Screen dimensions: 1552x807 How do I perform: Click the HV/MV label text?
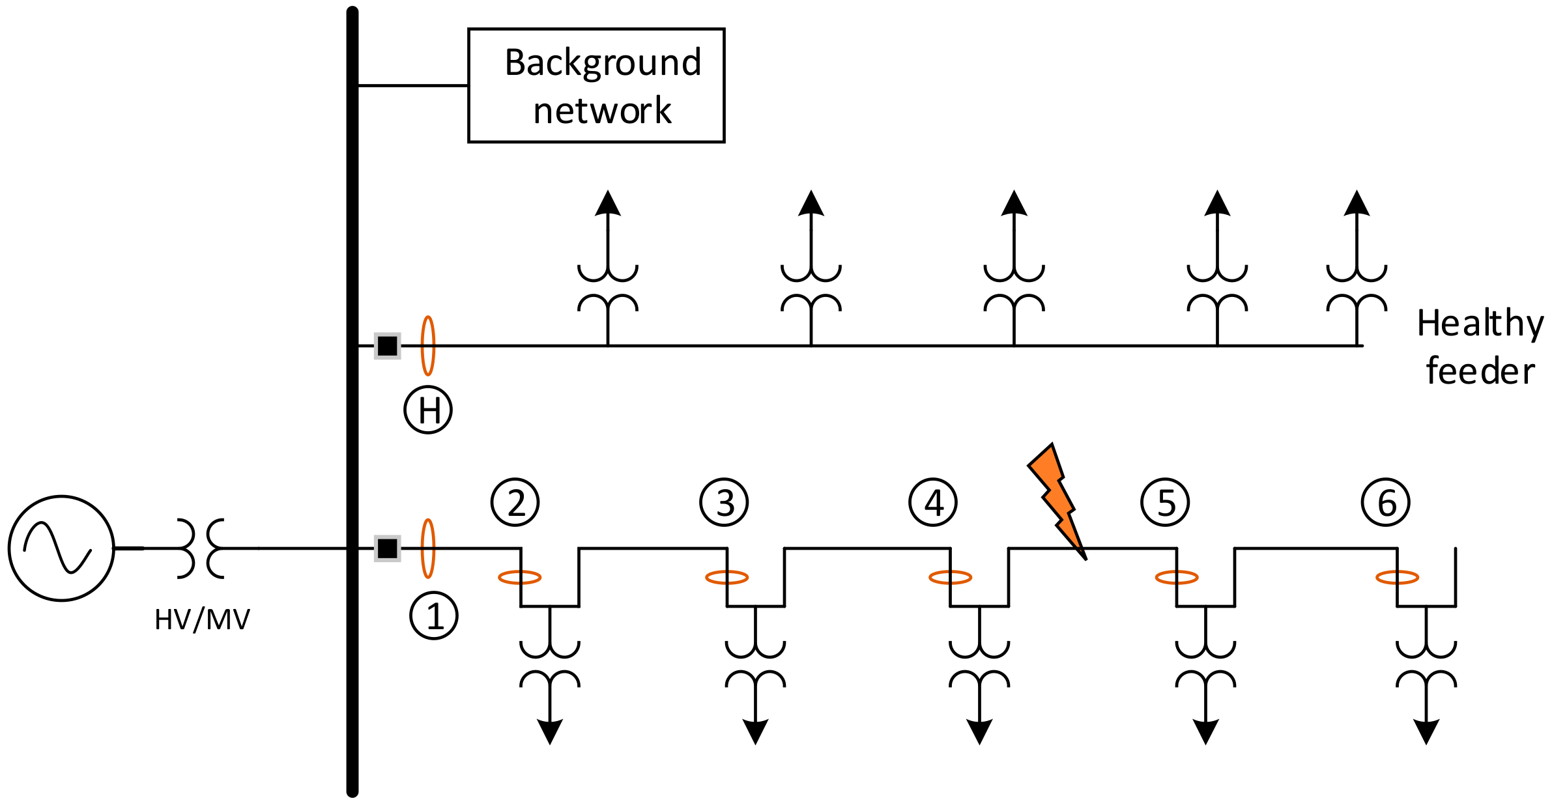pyautogui.click(x=202, y=620)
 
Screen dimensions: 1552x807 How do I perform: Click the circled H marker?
pyautogui.click(x=428, y=410)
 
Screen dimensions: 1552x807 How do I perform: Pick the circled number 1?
pyautogui.click(x=434, y=616)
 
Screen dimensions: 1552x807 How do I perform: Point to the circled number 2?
pyautogui.click(x=515, y=502)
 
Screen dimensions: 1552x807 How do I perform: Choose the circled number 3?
pyautogui.click(x=725, y=502)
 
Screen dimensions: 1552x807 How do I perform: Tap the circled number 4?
pyautogui.click(x=933, y=502)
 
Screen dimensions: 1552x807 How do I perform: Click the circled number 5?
pyautogui.click(x=1165, y=502)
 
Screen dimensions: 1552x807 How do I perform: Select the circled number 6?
pyautogui.click(x=1386, y=502)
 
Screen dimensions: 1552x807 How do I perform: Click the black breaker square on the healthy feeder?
pyautogui.click(x=388, y=346)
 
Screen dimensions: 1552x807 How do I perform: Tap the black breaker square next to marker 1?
pyautogui.click(x=388, y=548)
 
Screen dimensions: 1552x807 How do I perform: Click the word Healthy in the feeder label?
pyautogui.click(x=1480, y=324)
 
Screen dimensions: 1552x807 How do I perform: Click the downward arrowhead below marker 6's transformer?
pyautogui.click(x=1426, y=732)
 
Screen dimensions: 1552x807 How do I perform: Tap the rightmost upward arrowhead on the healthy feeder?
pyautogui.click(x=1357, y=203)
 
